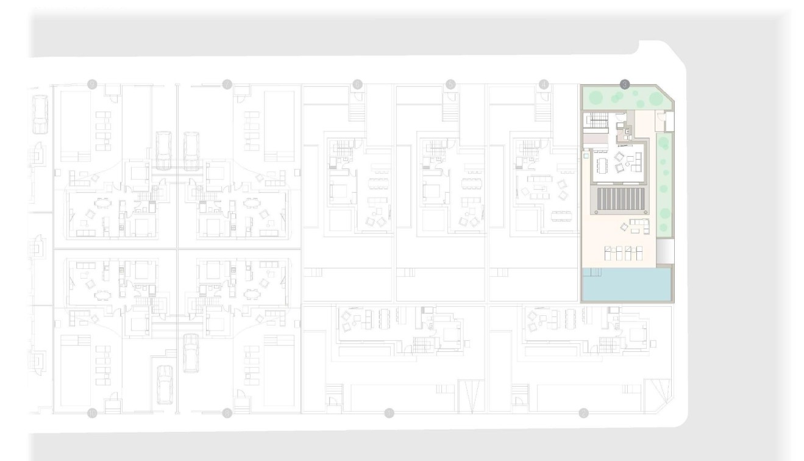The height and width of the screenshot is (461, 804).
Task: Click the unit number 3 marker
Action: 624,84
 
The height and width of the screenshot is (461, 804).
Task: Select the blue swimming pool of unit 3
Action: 627,285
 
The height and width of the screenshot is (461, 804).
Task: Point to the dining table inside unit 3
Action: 604,163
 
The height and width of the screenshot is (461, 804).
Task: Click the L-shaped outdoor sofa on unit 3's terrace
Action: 639,226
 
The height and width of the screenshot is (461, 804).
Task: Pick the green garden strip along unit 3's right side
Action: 664,183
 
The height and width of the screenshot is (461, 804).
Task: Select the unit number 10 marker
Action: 92,413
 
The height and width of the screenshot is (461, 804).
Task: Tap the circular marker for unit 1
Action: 389,413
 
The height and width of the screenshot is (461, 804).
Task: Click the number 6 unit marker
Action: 357,84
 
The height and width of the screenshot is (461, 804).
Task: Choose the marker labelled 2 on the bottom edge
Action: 583,413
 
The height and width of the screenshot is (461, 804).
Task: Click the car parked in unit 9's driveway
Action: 191,352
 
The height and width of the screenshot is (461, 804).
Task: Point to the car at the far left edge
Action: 40,116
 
